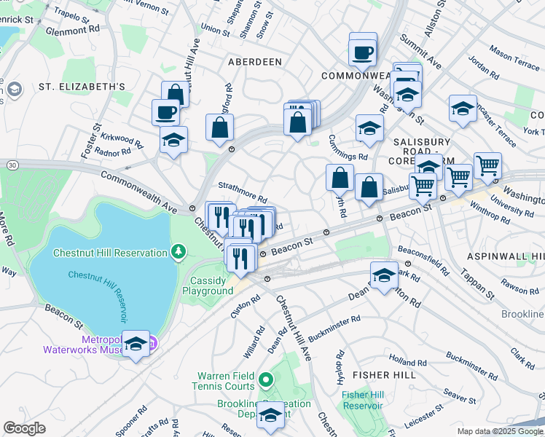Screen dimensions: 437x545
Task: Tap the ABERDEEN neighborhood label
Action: pyautogui.click(x=255, y=62)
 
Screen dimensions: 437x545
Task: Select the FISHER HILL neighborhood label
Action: pyautogui.click(x=384, y=374)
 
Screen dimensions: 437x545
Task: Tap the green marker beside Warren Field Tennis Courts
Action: pyautogui.click(x=266, y=379)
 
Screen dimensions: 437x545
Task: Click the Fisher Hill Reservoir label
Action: pyautogui.click(x=362, y=400)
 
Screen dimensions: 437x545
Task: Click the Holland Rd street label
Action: pyautogui.click(x=402, y=361)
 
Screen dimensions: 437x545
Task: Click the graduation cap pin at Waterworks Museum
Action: pyautogui.click(x=136, y=344)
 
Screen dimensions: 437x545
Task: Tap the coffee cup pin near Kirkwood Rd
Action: pyautogui.click(x=165, y=112)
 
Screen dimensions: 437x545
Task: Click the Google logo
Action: pyautogui.click(x=24, y=428)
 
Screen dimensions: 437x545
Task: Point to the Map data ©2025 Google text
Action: pyautogui.click(x=499, y=431)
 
